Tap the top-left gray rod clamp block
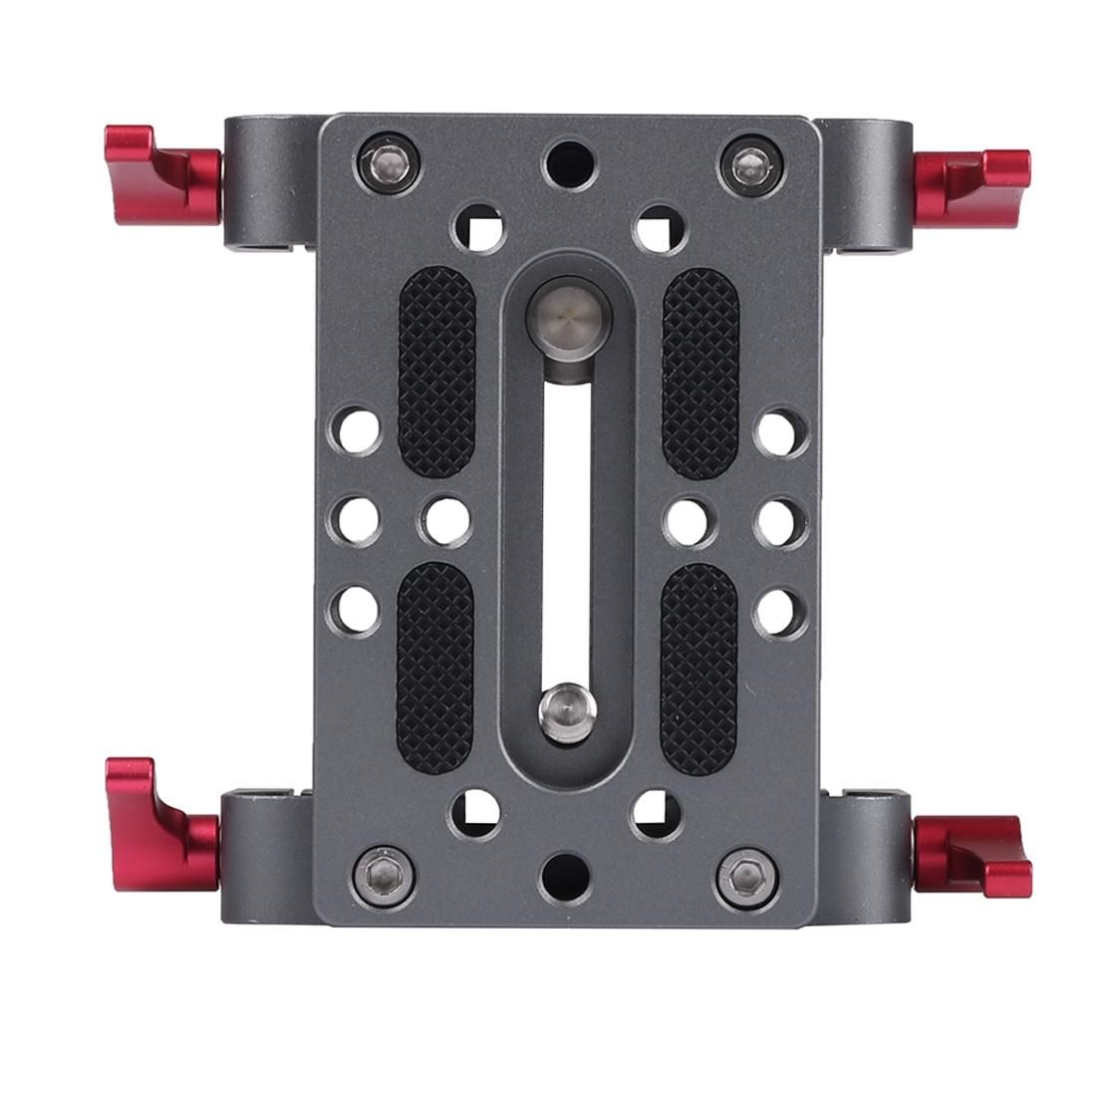[x=269, y=184]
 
